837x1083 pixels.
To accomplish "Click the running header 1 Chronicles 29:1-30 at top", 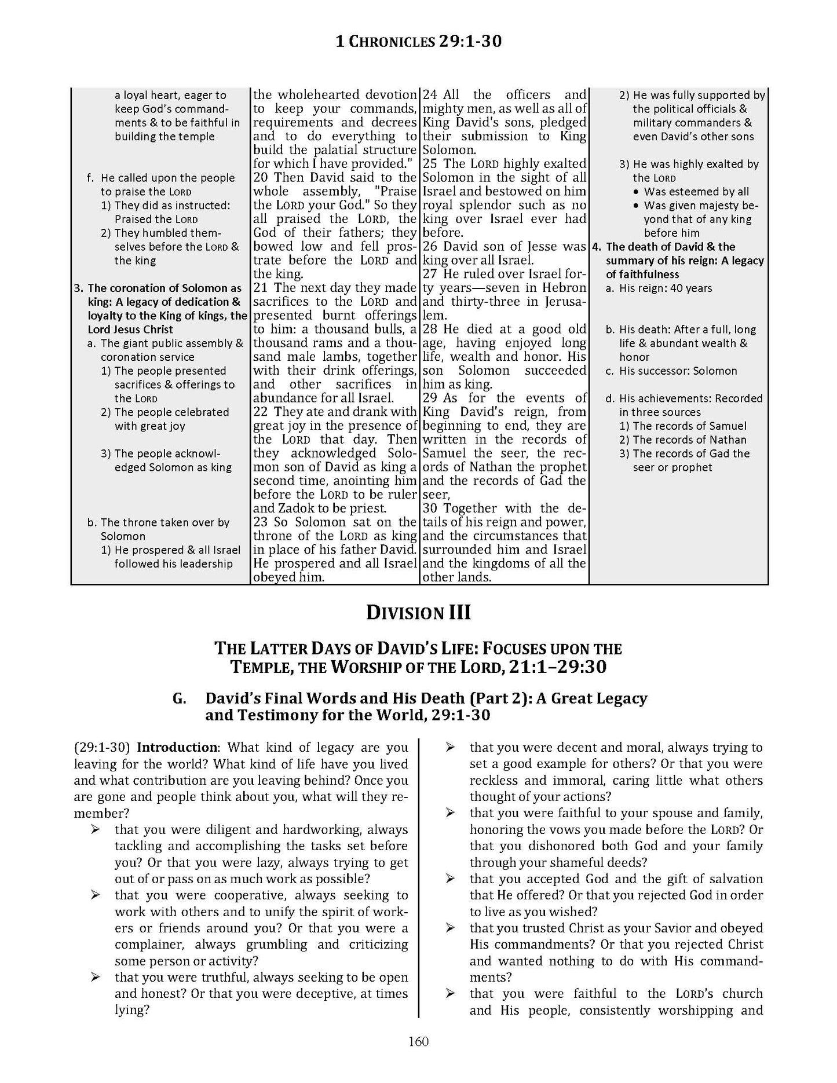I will point(418,41).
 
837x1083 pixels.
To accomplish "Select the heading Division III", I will point(418,612).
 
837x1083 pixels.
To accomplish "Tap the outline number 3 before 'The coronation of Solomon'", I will point(78,288).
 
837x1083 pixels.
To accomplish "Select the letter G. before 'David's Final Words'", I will point(179,699).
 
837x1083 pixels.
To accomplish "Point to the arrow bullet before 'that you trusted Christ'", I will point(449,928).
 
